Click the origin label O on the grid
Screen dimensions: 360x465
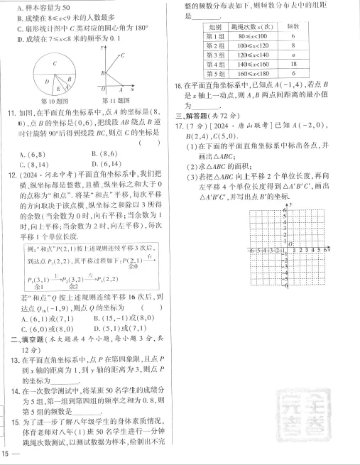tap(290, 244)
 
